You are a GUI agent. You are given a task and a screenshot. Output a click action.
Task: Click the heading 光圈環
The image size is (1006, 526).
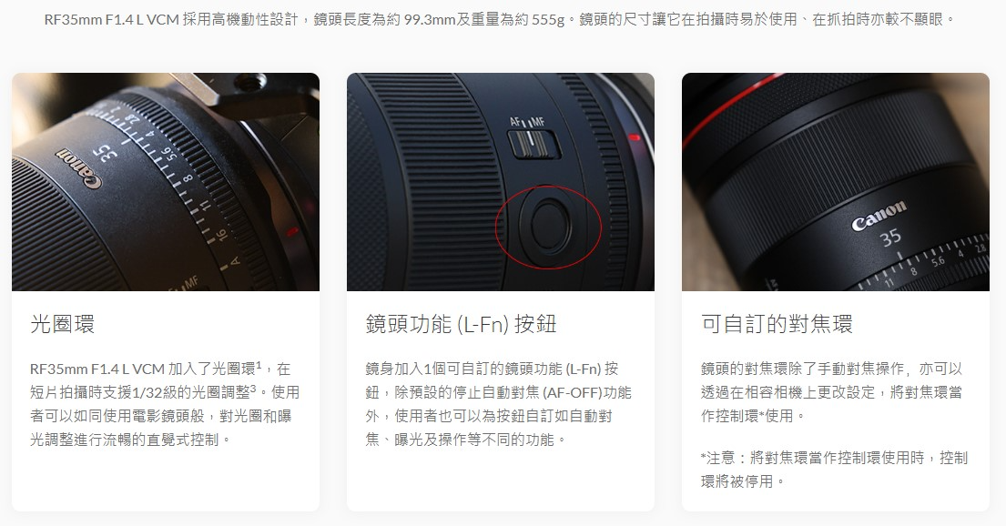point(62,324)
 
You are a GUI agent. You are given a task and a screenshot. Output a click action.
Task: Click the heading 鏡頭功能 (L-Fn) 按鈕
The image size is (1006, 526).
point(461,324)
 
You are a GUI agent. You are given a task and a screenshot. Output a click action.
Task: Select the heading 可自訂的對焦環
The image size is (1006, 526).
point(777,324)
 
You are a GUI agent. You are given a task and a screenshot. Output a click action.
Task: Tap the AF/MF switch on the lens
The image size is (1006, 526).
point(533,143)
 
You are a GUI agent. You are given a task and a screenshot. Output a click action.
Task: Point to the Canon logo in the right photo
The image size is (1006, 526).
point(879,215)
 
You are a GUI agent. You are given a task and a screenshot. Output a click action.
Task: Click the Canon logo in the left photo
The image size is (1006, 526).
point(79,168)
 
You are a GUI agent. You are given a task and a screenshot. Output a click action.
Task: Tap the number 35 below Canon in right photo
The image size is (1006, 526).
point(889,238)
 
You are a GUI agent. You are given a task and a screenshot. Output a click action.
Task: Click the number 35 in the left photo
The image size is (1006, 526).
point(104,153)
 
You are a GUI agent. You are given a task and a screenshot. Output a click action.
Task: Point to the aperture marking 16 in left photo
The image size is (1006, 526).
point(218,236)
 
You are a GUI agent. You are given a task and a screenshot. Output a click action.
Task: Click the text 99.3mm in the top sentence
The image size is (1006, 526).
point(429,20)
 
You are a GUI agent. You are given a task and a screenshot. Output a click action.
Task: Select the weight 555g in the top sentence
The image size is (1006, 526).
point(548,20)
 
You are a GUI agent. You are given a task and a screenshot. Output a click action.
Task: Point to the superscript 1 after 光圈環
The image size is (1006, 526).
point(259,364)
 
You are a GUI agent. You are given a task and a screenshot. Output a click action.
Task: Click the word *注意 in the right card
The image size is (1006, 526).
point(718,458)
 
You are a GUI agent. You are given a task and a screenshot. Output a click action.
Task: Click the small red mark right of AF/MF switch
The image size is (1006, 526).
point(634,137)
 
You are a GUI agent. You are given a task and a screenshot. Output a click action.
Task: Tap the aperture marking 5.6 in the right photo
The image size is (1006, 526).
point(938,261)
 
